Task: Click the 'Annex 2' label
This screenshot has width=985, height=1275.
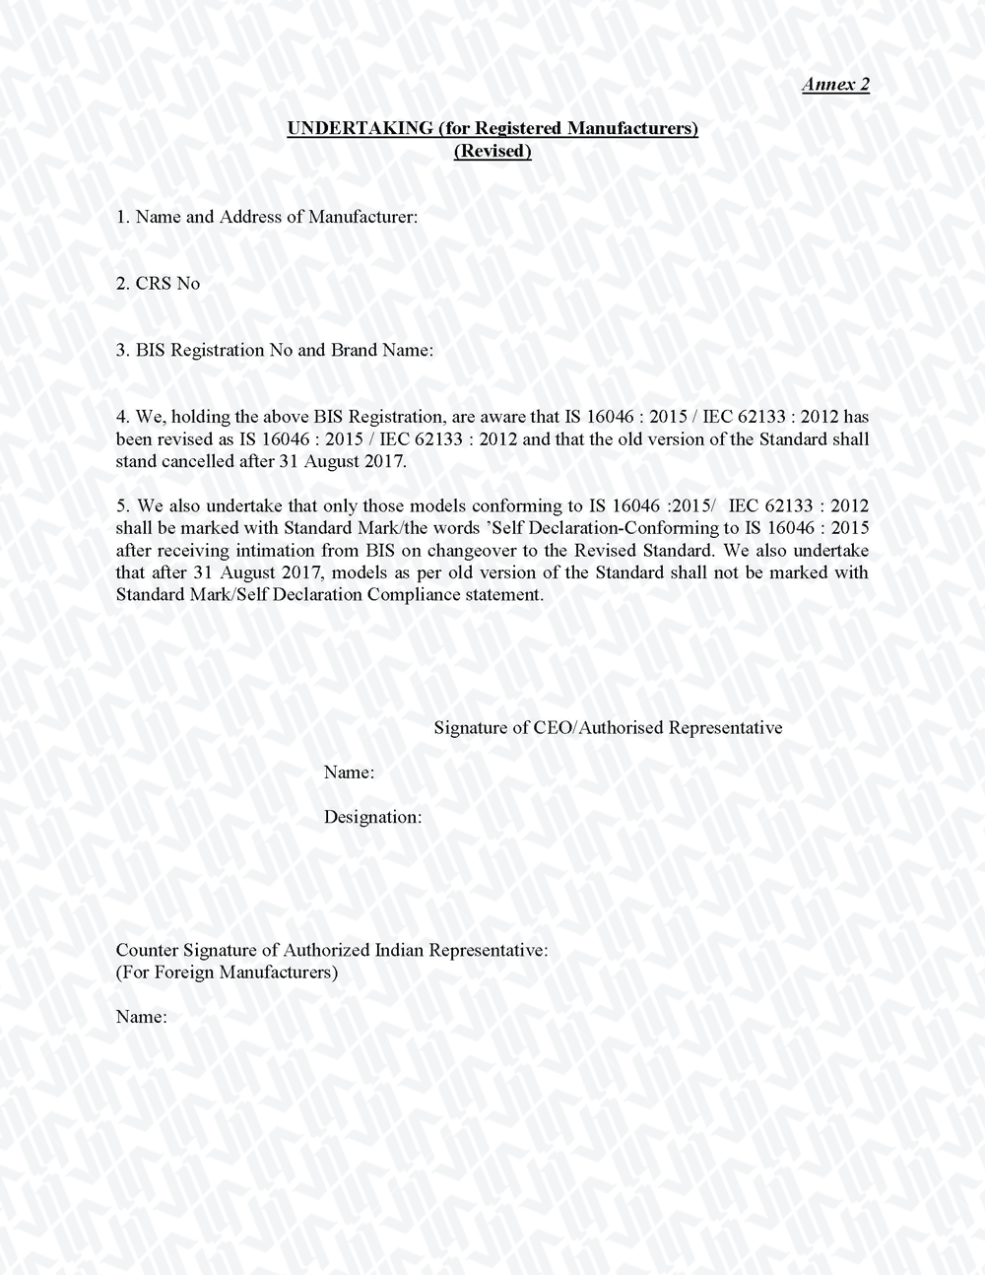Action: (x=835, y=85)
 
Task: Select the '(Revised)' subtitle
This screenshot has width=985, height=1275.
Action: (x=492, y=152)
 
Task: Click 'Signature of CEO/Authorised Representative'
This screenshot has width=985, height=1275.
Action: (x=608, y=728)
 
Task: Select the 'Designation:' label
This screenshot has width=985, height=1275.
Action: (x=373, y=817)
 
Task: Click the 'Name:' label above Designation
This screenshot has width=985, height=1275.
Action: (x=349, y=772)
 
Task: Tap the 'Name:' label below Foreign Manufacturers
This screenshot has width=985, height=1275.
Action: (x=141, y=1017)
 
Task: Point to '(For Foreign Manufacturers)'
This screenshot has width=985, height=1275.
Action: (x=228, y=973)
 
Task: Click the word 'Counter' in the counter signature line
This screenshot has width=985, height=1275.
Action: (x=146, y=951)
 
